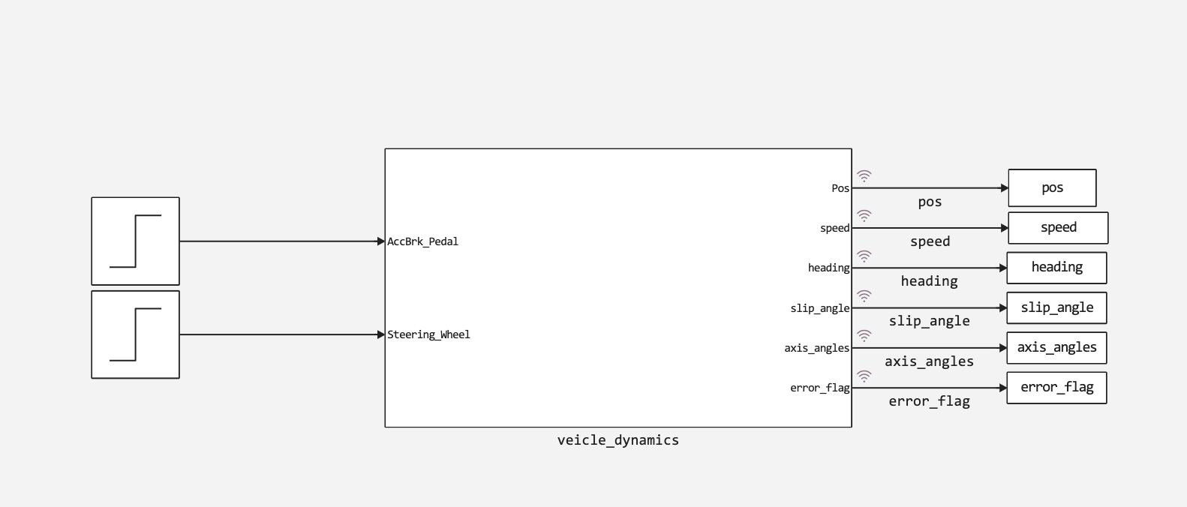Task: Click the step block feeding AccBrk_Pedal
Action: coord(136,241)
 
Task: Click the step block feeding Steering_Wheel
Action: coord(136,334)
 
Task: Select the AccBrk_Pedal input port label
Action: coord(423,241)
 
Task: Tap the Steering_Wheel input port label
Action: coord(428,334)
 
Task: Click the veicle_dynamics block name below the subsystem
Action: coord(618,440)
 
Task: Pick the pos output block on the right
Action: coord(1053,188)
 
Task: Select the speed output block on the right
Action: coord(1058,228)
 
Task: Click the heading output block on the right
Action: coord(1056,268)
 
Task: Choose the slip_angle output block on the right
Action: coord(1056,307)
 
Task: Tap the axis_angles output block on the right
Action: coord(1056,348)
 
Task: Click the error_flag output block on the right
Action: coord(1056,388)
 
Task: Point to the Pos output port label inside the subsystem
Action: coord(840,188)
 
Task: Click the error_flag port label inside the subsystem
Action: coord(820,388)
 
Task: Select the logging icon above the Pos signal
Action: coord(864,176)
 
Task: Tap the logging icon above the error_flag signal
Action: coord(864,376)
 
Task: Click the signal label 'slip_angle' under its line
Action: coord(930,321)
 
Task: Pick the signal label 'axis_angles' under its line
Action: coord(930,361)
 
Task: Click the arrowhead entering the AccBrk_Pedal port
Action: coord(381,241)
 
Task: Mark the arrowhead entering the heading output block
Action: coord(1003,268)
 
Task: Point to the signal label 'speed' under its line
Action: coord(930,241)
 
